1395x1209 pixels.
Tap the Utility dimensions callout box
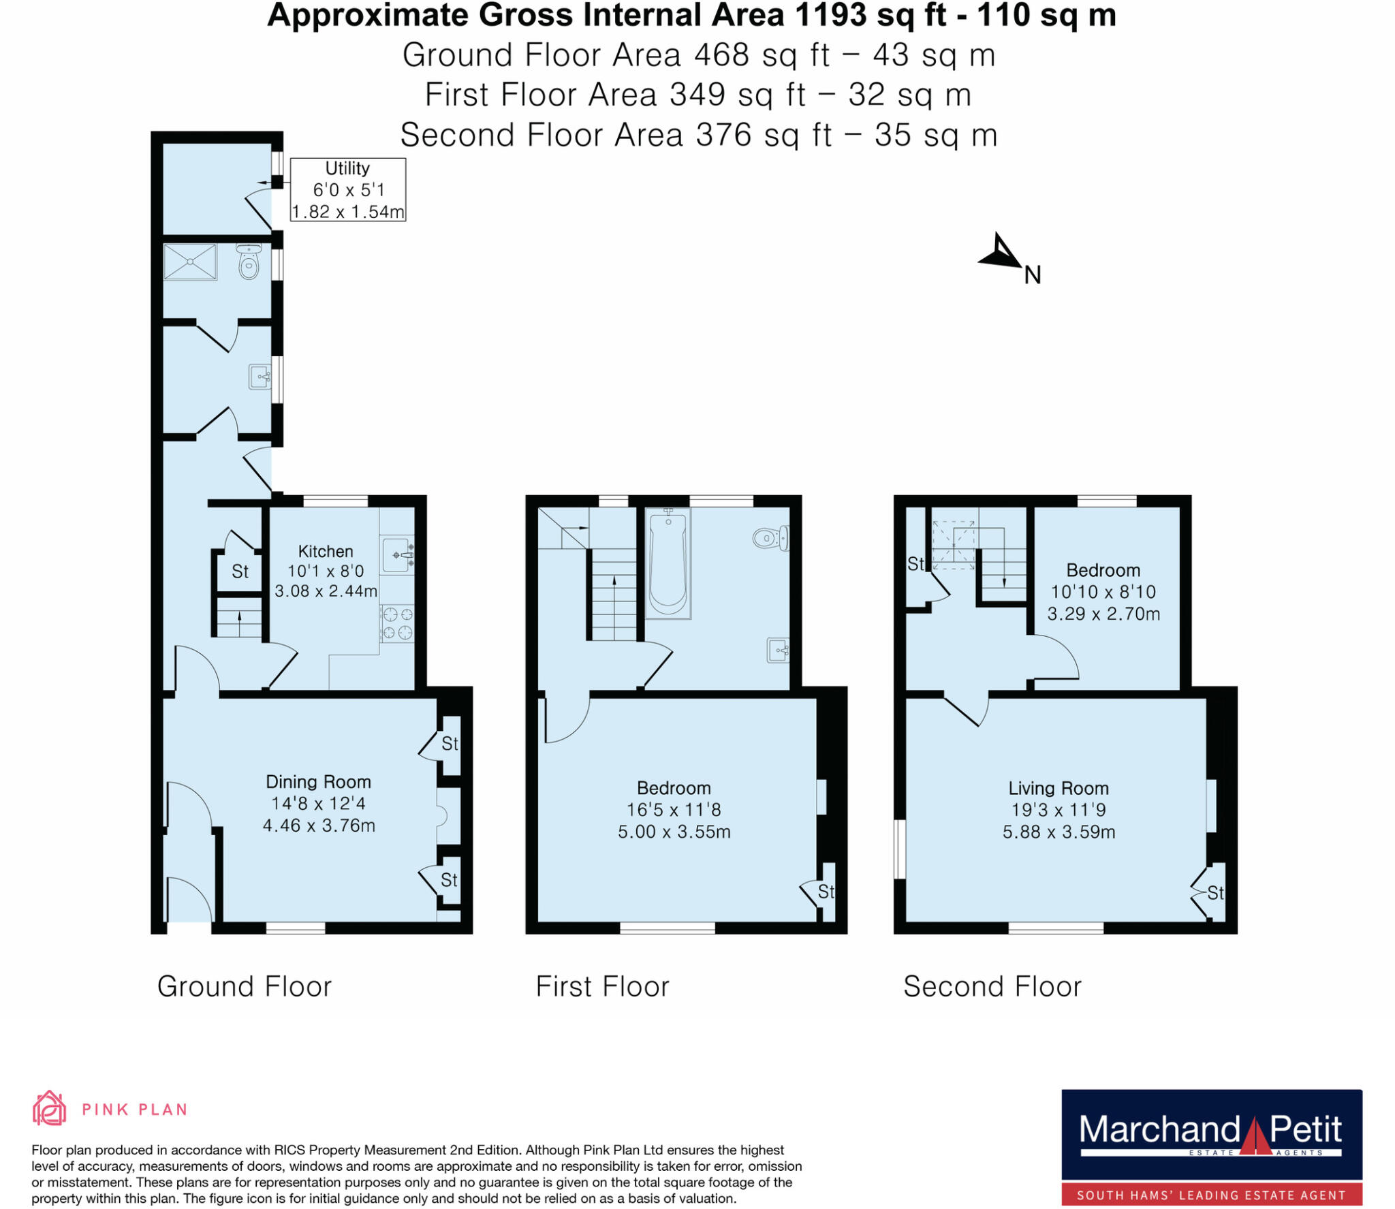(348, 189)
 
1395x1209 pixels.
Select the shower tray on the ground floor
(190, 262)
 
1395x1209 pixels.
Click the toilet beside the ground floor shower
(249, 263)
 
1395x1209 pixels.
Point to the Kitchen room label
(326, 551)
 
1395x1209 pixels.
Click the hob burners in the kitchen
(397, 623)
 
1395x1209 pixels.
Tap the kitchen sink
(397, 555)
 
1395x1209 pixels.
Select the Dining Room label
(318, 781)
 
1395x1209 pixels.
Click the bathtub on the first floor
(668, 563)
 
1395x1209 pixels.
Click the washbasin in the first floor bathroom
(777, 650)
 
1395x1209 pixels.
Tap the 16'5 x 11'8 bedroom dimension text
(674, 809)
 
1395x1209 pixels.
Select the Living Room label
(1059, 788)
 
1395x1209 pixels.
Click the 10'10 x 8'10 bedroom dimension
(1103, 591)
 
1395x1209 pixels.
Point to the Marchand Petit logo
(1212, 1148)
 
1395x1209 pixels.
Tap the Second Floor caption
(992, 986)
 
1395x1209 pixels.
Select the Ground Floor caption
(245, 986)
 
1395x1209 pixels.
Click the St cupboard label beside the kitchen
(240, 571)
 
